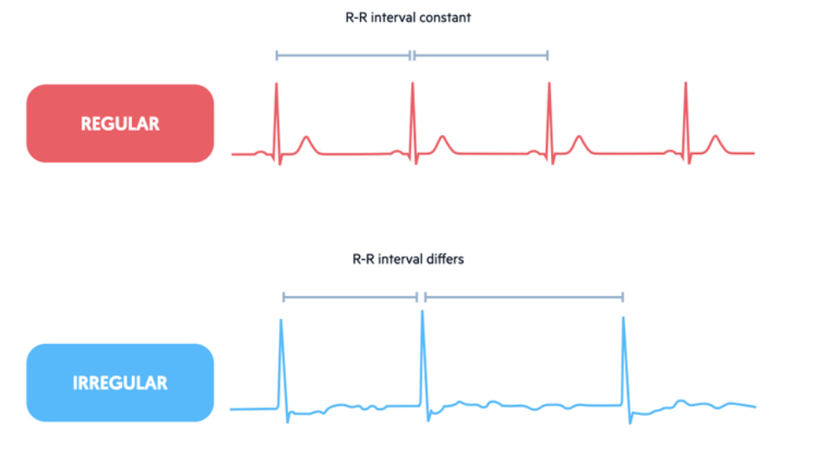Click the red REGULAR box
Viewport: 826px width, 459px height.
click(x=119, y=124)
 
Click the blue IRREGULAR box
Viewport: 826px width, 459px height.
click(x=119, y=382)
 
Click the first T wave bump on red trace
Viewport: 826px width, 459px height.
click(x=306, y=139)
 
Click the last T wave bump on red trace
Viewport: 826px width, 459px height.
click(x=715, y=138)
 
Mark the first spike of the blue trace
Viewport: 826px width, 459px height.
click(x=281, y=323)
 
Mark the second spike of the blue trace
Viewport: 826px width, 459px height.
click(x=422, y=314)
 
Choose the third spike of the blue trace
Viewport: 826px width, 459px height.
click(x=623, y=320)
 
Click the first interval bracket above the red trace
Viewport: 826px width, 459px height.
click(x=343, y=55)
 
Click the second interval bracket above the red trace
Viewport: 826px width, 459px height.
click(x=480, y=55)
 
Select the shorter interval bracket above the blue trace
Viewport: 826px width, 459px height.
click(x=350, y=297)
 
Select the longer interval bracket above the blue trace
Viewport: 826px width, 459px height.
click(x=524, y=297)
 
